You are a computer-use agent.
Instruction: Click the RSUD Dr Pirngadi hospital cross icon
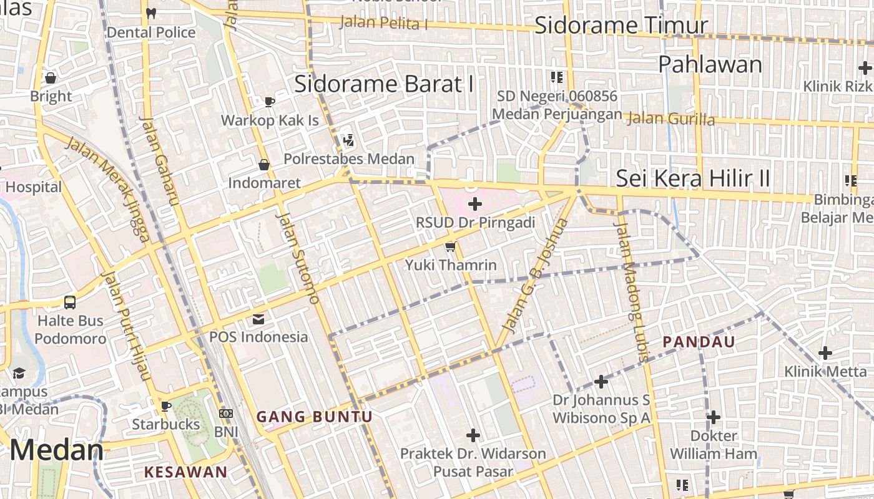pos(475,203)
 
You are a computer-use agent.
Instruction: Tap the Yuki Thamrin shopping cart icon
pos(450,247)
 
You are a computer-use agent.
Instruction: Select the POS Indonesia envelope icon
pos(258,319)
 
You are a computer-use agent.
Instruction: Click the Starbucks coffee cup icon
pos(166,406)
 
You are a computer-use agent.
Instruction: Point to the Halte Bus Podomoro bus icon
pos(70,303)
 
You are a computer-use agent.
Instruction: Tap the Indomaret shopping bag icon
pos(264,165)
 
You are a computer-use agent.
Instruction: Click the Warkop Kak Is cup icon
pos(270,102)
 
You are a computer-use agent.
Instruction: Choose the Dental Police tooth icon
pos(150,12)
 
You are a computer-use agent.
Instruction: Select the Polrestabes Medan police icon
pos(348,140)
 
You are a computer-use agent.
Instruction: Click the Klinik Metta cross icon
pos(825,353)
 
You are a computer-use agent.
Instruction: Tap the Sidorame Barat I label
pos(384,84)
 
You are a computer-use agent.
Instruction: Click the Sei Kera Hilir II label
pos(693,178)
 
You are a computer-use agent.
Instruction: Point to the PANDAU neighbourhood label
pos(699,342)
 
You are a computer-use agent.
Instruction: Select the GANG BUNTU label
pos(315,417)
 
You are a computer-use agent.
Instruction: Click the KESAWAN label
pos(186,472)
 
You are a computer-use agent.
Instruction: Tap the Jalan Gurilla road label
pos(670,118)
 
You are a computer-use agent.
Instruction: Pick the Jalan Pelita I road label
pos(383,23)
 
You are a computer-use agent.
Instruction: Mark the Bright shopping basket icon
pos(51,78)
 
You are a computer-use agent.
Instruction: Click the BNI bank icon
pos(226,413)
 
